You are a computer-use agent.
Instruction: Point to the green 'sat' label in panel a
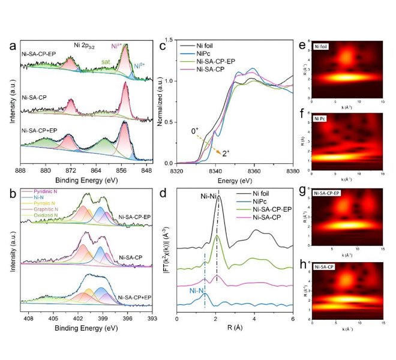pyautogui.click(x=106, y=61)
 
